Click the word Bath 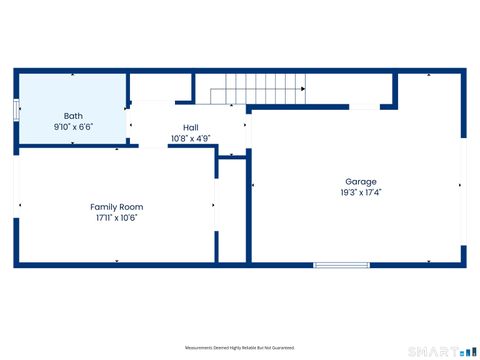coord(73,116)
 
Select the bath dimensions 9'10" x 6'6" coord(73,128)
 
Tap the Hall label coord(190,127)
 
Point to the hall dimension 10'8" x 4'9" coord(190,138)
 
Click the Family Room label coord(116,206)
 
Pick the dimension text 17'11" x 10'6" coord(116,217)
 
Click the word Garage coord(360,182)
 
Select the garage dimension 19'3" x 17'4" coord(360,193)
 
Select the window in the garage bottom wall coord(335,265)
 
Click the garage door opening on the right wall coord(464,185)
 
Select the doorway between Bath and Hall coord(128,124)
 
